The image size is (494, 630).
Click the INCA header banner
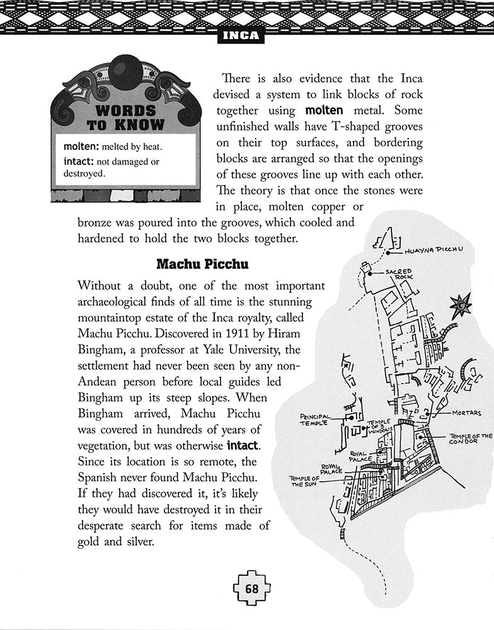[x=241, y=35]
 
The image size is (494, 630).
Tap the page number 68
[x=252, y=590]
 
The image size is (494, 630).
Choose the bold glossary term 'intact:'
[x=78, y=161]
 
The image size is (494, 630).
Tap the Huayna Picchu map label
[x=434, y=250]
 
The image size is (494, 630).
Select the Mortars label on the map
[x=466, y=413]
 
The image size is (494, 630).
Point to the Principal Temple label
[x=314, y=420]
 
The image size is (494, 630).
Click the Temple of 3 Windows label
[x=379, y=426]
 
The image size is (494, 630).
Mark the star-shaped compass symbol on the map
[x=461, y=306]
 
